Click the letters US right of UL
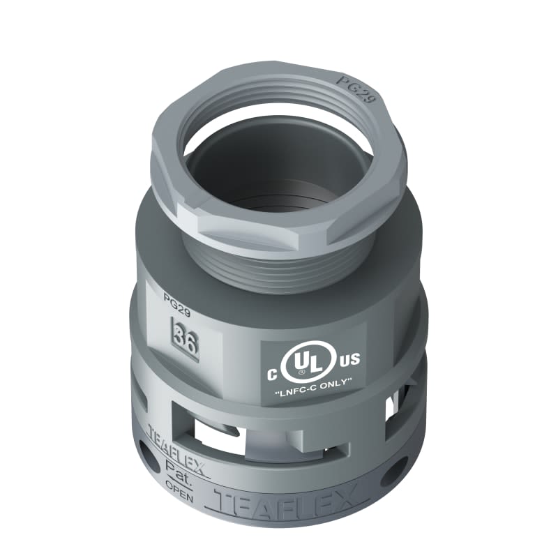point(349,359)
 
